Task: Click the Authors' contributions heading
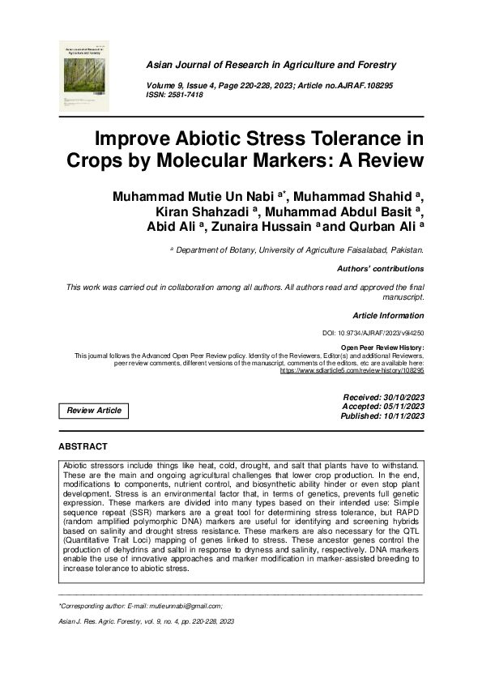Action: coord(380,268)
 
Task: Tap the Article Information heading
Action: coord(388,315)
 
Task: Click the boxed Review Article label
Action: coord(94,411)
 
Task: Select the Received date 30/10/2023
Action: coord(385,398)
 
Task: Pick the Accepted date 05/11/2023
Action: coord(385,407)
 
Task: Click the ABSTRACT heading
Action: coord(83,446)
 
